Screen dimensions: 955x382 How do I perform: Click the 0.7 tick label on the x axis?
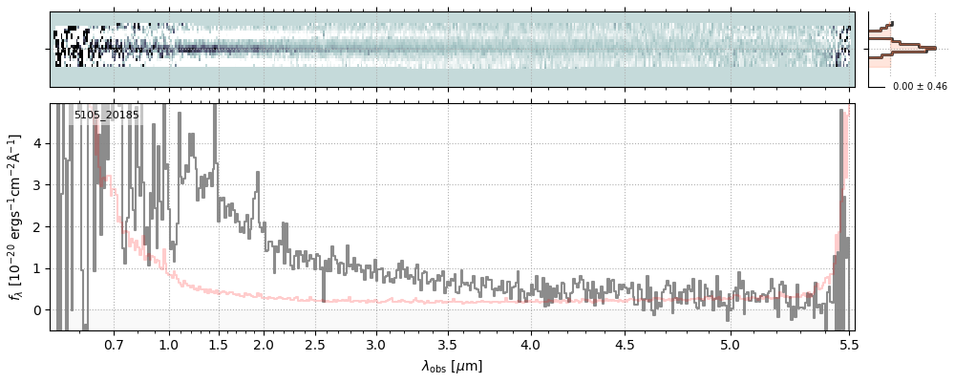coord(114,346)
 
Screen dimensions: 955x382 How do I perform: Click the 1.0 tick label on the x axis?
coord(169,346)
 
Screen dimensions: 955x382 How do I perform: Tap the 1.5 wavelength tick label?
coord(219,346)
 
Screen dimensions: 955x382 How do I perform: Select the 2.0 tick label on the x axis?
coord(264,346)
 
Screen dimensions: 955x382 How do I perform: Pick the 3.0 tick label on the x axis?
coord(376,346)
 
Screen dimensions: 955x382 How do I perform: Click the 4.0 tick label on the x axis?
coord(531,346)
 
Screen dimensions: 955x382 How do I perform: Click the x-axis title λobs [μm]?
coord(452,366)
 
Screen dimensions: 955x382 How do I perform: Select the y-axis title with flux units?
coord(17,217)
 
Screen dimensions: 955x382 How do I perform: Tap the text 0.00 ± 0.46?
coord(920,87)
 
